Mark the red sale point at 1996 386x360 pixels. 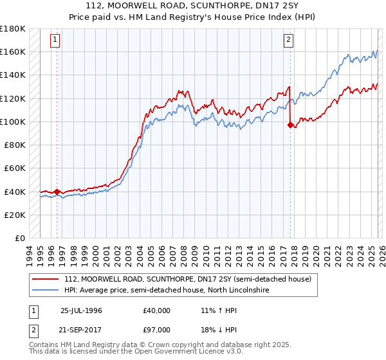point(57,192)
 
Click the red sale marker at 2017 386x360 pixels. point(290,125)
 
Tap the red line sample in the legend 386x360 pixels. point(46,279)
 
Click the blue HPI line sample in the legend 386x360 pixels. point(46,291)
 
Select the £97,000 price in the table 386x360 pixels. point(157,329)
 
